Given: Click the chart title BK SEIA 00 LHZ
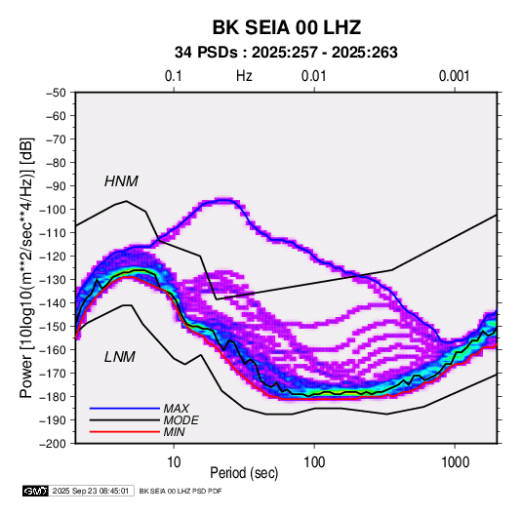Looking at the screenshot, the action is click(x=287, y=27).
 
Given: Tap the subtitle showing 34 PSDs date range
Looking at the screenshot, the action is click(x=286, y=53).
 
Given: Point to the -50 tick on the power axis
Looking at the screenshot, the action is click(x=56, y=93).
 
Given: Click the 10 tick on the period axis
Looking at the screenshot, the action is click(x=174, y=462).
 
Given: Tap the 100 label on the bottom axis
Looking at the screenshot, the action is click(x=314, y=462).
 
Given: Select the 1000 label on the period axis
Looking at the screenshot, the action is click(x=455, y=462).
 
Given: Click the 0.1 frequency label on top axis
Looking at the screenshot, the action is click(x=174, y=76).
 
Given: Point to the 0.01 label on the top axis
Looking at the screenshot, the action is click(x=313, y=76).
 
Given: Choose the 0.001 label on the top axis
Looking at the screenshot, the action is click(x=455, y=76).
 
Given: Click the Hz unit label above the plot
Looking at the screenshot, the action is click(x=244, y=76).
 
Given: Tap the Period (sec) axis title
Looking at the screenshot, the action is click(x=244, y=473).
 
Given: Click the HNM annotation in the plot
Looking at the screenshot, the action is click(x=121, y=181).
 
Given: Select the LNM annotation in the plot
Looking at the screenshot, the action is click(x=120, y=357).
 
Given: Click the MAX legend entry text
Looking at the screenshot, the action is click(x=177, y=409).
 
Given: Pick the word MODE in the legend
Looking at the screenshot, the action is click(x=181, y=420).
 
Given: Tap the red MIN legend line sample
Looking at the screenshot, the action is click(x=125, y=432).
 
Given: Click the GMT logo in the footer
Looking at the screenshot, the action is click(x=35, y=491).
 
